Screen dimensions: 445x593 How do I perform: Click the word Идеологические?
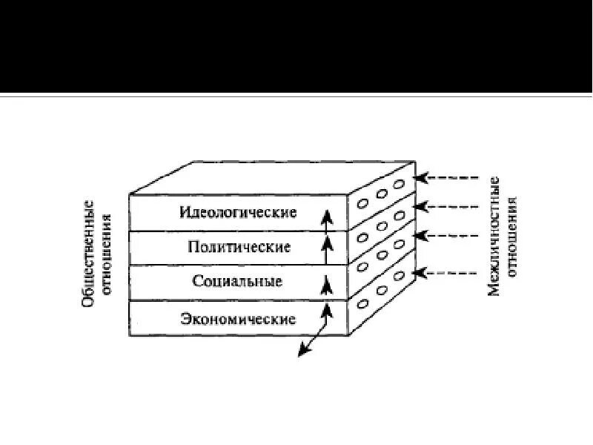[238, 212]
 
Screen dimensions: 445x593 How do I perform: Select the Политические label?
[238, 247]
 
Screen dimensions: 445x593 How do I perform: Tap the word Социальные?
[238, 281]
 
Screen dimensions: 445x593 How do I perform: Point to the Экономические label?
[238, 320]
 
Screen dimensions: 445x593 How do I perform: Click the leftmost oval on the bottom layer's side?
[363, 303]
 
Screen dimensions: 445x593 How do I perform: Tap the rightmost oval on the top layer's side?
[399, 184]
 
